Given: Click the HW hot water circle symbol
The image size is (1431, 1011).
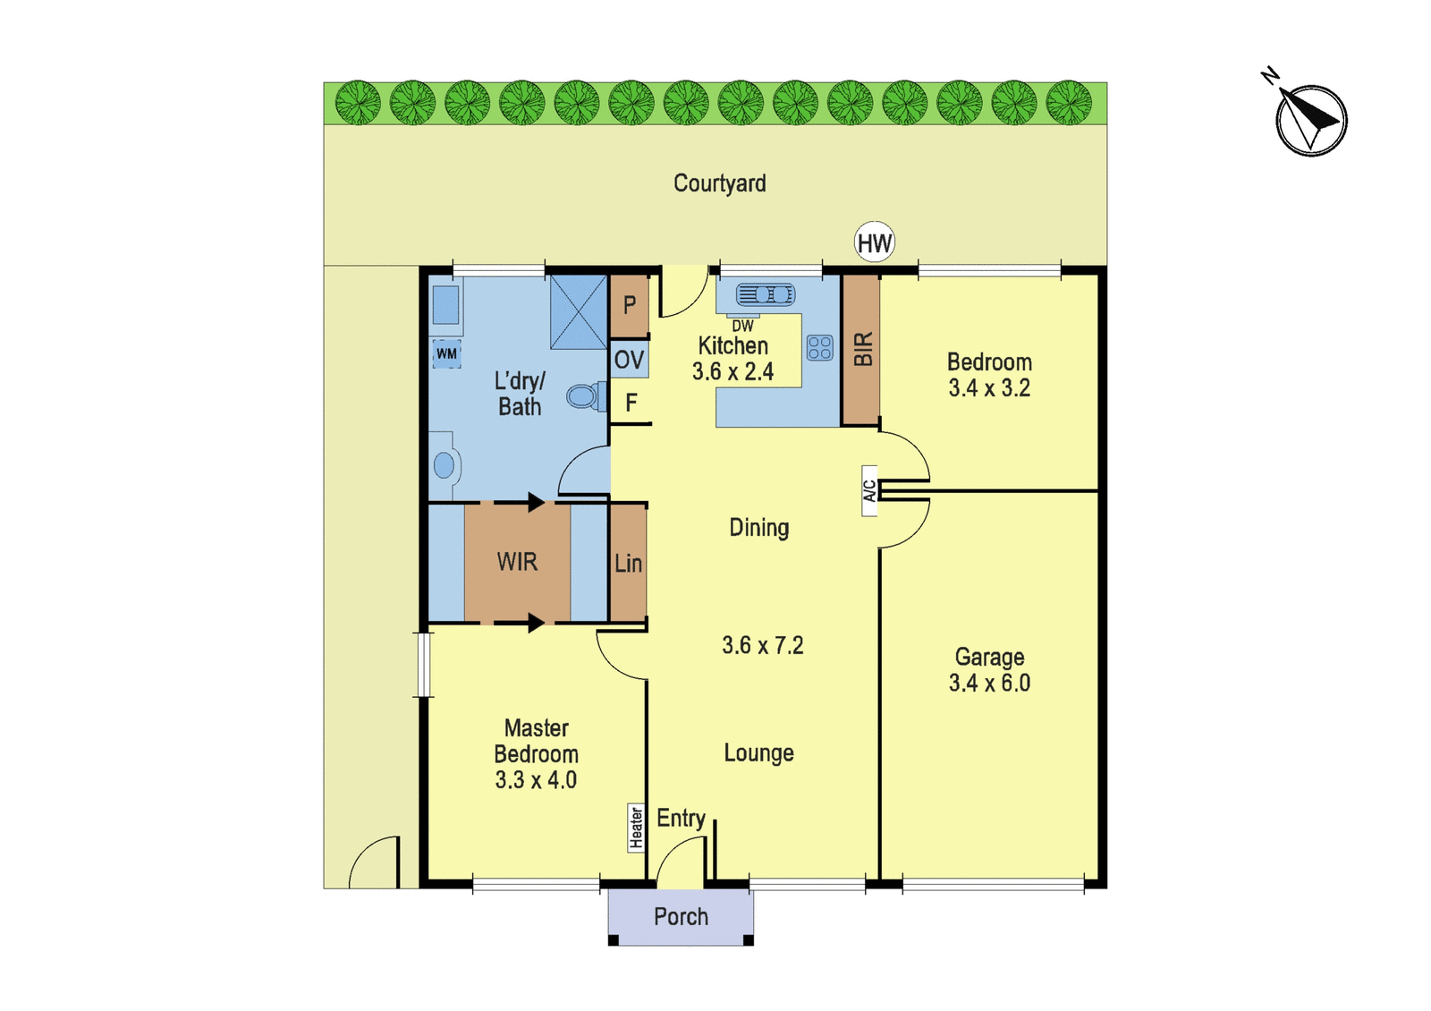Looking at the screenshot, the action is click(874, 242).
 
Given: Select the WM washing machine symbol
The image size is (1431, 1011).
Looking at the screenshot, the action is click(446, 353).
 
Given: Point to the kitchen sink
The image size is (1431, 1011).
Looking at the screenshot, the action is click(766, 294).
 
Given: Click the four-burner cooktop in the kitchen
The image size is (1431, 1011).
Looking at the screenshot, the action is click(819, 348).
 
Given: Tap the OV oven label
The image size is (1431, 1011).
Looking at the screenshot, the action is click(630, 360).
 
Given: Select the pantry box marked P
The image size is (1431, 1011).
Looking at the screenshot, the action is click(630, 305).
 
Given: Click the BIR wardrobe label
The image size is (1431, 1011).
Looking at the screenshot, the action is click(863, 349).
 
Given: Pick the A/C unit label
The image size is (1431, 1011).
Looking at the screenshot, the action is click(869, 491).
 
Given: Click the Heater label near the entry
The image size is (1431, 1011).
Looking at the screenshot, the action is click(636, 828).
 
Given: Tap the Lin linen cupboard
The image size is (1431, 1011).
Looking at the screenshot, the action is click(628, 563).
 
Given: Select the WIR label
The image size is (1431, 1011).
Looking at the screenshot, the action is click(517, 562).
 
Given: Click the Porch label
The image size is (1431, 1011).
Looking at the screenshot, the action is click(681, 916).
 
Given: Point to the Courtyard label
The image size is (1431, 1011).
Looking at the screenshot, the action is click(719, 183).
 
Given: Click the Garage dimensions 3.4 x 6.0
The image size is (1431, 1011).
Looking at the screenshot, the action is click(989, 684).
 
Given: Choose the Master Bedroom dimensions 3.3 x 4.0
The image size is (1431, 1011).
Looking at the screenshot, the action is click(536, 779).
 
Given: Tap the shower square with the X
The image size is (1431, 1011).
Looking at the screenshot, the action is click(579, 312).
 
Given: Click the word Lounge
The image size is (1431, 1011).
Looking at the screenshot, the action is click(759, 752).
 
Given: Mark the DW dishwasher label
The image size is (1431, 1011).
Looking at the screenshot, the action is click(743, 326).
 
